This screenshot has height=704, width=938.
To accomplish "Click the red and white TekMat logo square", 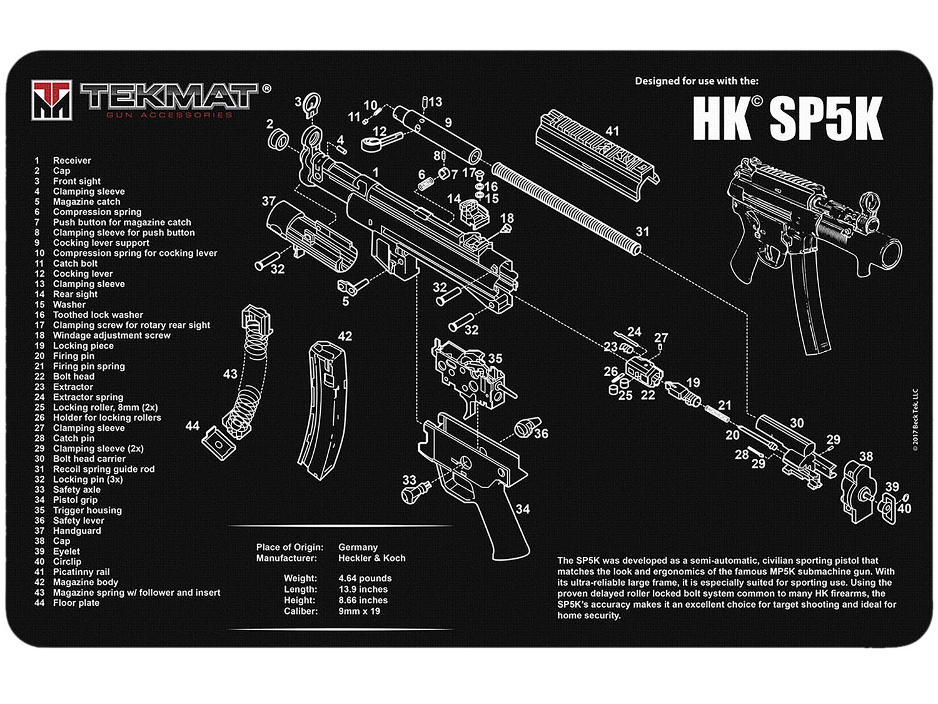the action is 52,100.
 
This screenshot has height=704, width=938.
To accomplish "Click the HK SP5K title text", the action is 787,118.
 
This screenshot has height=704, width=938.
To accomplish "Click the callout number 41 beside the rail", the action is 612,131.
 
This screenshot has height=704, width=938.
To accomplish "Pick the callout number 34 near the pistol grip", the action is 522,509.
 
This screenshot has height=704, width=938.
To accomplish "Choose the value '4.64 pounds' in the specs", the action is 365,578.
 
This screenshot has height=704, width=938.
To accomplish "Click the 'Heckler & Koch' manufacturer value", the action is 372,558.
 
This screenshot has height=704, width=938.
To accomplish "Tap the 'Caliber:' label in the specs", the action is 301,611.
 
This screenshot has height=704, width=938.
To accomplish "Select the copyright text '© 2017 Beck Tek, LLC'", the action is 915,420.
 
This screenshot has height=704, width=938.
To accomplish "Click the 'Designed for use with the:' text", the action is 697,81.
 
